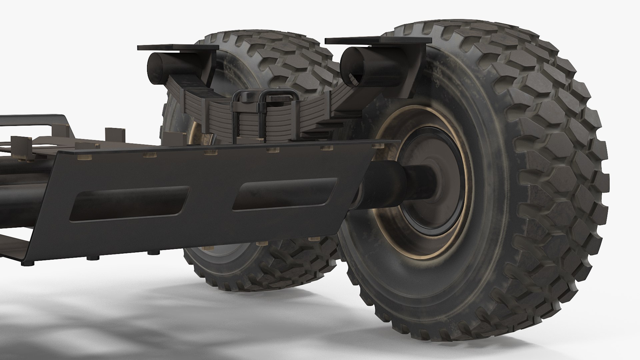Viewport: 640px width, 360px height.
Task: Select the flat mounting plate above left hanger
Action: tap(177, 48)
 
